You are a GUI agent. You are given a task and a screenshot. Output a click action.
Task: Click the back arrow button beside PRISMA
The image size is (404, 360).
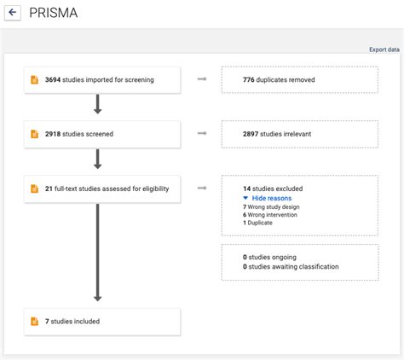[13, 14]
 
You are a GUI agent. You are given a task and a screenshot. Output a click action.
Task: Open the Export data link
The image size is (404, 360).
[384, 49]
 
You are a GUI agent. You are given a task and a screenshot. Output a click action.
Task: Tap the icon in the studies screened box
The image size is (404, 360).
[34, 134]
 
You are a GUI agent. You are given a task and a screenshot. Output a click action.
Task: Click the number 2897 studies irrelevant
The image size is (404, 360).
[252, 134]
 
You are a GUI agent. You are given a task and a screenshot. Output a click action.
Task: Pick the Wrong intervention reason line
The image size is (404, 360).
[274, 215]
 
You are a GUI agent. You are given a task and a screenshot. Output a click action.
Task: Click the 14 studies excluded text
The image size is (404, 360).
[273, 189]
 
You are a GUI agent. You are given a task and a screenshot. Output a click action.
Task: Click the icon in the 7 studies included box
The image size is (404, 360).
[34, 322]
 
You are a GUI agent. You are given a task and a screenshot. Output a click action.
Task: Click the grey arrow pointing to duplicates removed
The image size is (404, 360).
[202, 79]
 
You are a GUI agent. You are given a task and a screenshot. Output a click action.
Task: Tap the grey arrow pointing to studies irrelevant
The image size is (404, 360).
[202, 134]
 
